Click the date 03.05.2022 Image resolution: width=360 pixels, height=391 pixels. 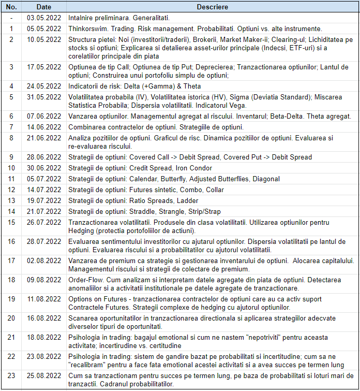(44, 18)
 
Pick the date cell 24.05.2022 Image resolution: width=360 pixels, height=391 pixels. (44, 86)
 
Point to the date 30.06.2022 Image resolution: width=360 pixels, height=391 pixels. (44, 168)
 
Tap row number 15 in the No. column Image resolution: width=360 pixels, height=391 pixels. (12, 222)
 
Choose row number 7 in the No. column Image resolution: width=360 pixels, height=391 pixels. (12, 127)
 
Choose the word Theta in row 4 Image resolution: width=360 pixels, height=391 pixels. (191, 86)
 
